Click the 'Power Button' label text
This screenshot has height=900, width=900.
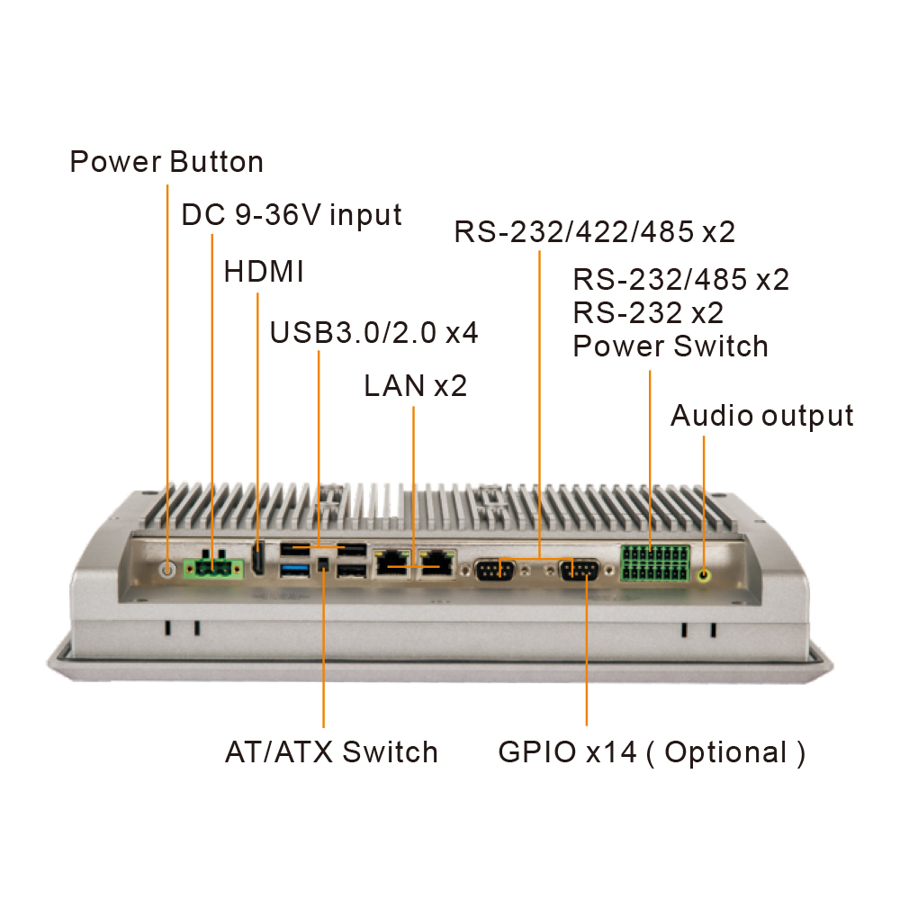click(x=166, y=162)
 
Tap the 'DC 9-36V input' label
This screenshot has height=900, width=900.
click(x=292, y=215)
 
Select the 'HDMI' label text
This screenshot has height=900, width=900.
click(x=264, y=271)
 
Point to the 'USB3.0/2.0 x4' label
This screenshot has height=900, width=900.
click(x=373, y=332)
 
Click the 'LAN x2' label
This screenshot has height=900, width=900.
click(x=415, y=386)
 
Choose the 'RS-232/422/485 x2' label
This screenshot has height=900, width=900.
click(x=595, y=232)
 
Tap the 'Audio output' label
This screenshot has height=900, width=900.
click(x=761, y=416)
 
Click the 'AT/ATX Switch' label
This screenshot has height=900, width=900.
click(x=331, y=751)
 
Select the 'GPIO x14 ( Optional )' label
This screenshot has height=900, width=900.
click(x=652, y=751)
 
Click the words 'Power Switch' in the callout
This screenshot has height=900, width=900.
click(x=670, y=346)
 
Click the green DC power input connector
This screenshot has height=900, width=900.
click(x=213, y=567)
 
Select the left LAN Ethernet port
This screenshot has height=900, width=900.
click(x=391, y=564)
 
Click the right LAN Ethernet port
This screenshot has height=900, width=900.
click(x=437, y=564)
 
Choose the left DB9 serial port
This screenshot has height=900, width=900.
click(x=493, y=571)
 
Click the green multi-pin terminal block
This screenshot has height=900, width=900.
click(x=654, y=562)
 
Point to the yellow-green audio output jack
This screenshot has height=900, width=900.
click(x=704, y=572)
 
